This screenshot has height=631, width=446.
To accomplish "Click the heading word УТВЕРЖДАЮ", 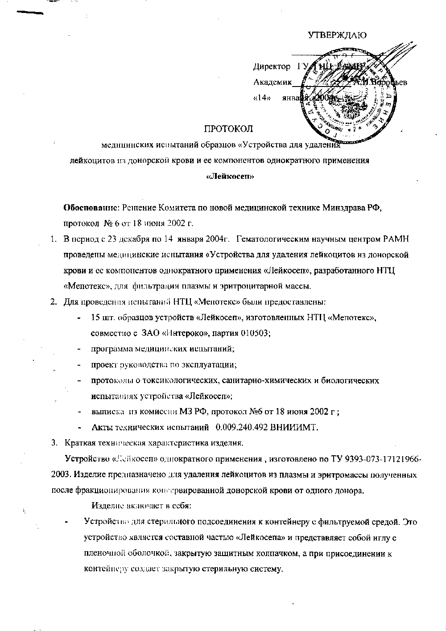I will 338,35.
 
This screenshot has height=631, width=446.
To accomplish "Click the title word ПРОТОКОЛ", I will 228,130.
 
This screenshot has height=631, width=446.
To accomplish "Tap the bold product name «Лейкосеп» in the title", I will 231,176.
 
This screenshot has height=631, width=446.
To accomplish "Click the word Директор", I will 272,67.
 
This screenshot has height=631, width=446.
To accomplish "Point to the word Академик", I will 272,82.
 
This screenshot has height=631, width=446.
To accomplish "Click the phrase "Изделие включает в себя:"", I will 141,506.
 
